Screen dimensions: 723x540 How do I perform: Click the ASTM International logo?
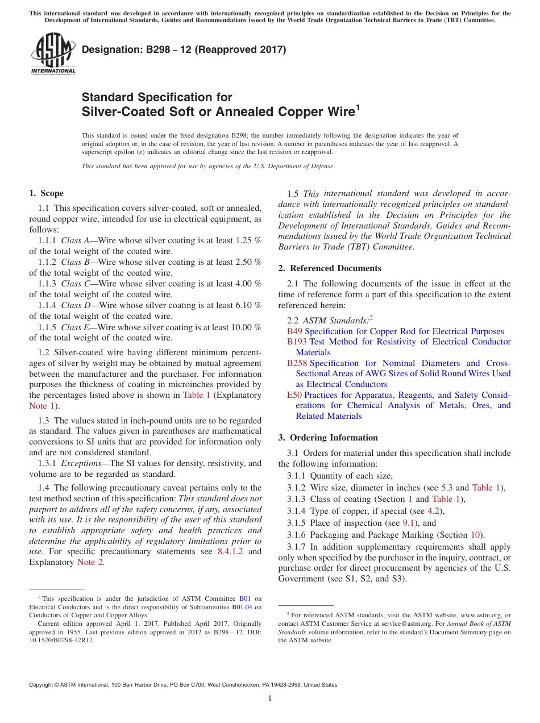pos(53,53)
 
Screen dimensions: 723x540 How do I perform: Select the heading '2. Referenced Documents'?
pos(330,268)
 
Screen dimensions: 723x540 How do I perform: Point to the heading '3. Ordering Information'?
pos(328,438)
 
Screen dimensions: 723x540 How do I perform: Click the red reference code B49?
pos(294,331)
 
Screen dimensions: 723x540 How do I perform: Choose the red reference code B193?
pos(297,342)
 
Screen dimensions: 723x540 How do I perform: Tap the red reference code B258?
pos(297,363)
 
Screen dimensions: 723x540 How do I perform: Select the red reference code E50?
pos(294,395)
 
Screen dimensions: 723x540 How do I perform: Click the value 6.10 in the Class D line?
pos(243,305)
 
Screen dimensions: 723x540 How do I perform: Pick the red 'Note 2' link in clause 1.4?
pos(90,562)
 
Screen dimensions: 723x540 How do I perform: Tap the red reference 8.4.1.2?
pos(230,551)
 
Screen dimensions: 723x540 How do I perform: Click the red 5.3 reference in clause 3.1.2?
pos(447,488)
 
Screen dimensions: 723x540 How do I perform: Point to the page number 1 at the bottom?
pos(270,698)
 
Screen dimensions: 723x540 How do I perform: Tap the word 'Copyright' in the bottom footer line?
pos(43,685)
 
